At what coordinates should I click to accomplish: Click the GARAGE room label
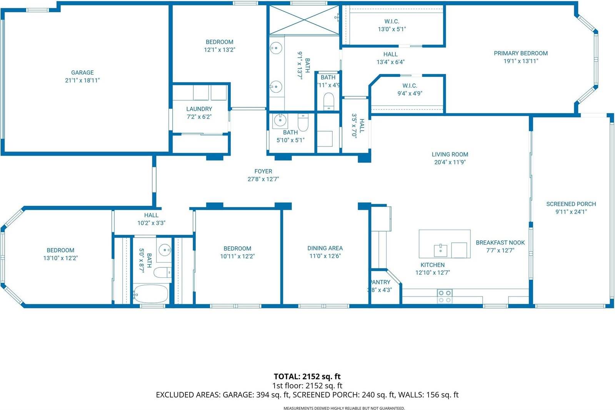(x=82, y=72)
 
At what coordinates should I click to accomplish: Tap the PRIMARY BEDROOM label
(x=520, y=53)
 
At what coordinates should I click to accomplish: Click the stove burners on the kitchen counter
(x=445, y=296)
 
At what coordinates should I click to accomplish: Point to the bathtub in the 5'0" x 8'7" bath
(x=151, y=294)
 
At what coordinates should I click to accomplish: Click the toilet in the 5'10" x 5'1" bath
(x=303, y=122)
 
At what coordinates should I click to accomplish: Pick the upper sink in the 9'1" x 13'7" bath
(x=275, y=48)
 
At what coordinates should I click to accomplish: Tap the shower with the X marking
(x=303, y=20)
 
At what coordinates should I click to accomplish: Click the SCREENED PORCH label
(x=571, y=204)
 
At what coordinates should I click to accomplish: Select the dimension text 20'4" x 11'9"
(x=450, y=162)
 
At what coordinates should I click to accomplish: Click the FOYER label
(x=263, y=171)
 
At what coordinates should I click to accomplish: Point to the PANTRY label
(x=380, y=282)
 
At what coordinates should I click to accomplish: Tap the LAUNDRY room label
(x=199, y=109)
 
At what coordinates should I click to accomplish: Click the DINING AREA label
(x=325, y=248)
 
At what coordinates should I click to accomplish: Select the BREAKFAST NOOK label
(x=500, y=242)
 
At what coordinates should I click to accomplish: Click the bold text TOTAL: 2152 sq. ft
(x=307, y=376)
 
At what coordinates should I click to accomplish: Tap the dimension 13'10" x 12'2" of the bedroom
(x=60, y=258)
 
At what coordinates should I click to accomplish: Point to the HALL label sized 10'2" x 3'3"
(x=151, y=215)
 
